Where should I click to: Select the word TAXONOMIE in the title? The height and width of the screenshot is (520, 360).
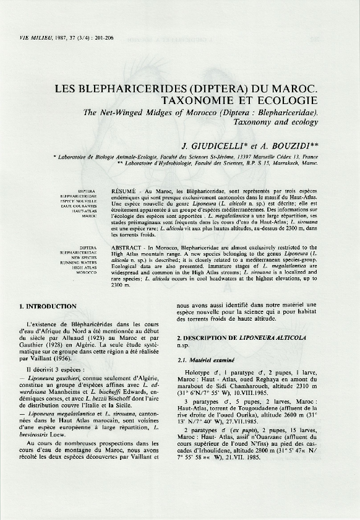(200, 100)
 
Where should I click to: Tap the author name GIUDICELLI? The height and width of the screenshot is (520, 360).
(225, 146)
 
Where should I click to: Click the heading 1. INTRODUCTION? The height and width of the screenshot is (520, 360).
(48, 306)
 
